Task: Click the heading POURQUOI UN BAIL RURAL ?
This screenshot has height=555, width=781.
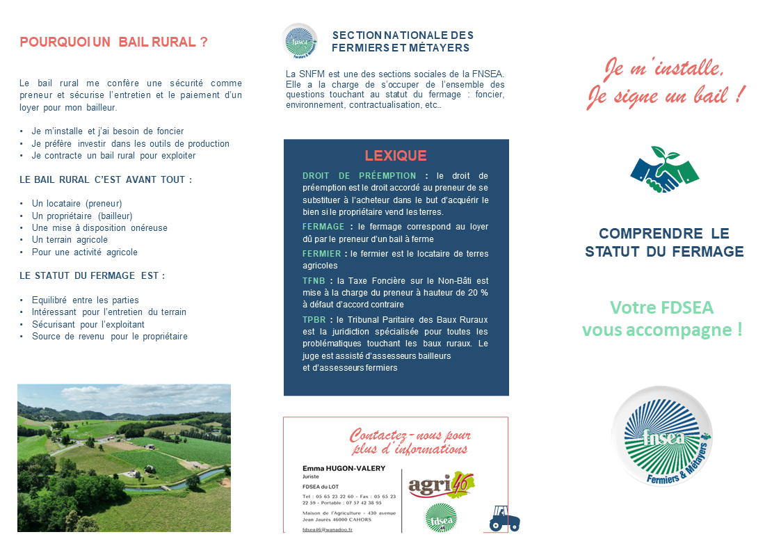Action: point(113,42)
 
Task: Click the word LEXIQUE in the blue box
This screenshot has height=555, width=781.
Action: point(396,156)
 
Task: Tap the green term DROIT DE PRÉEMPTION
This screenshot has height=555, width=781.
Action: point(359,175)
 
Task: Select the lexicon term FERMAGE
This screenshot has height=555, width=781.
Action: point(323,227)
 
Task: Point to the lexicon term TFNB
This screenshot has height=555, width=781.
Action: point(314,280)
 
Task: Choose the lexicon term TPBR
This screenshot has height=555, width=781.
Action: point(314,319)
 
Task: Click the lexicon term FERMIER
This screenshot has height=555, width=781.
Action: point(321,254)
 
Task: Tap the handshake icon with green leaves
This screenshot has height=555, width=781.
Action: point(663,170)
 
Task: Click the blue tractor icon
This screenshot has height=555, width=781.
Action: point(504,518)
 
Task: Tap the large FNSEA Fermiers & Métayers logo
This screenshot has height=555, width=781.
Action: point(661,436)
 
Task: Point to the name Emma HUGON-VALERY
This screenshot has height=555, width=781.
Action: point(344,468)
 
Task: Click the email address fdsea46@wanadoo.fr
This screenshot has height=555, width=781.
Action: point(328,530)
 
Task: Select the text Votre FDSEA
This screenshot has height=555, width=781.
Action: point(661,307)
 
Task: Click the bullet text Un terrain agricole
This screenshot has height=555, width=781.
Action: point(70,239)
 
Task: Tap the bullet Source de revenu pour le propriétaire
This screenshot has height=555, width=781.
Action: point(109,336)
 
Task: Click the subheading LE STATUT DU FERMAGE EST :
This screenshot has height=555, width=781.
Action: point(92,275)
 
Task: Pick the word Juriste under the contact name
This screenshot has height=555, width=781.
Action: point(310,478)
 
